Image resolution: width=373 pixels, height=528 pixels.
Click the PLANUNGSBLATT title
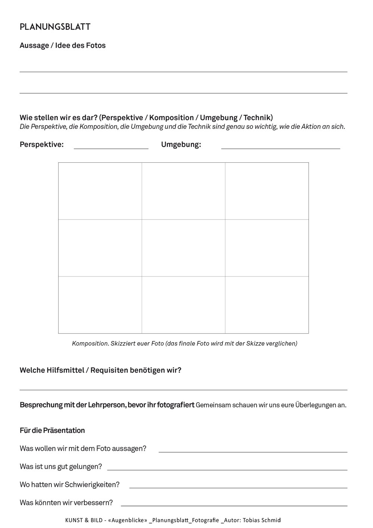pyautogui.click(x=55, y=27)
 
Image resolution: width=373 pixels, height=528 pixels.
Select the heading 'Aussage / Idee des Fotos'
pyautogui.click(x=62, y=46)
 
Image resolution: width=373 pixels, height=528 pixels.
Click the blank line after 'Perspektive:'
pyautogui.click(x=111, y=148)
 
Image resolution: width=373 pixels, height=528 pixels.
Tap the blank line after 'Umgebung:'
pyautogui.click(x=280, y=148)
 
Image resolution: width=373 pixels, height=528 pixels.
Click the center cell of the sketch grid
pyautogui.click(x=183, y=248)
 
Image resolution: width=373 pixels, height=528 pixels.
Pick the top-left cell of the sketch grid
pyautogui.click(x=100, y=191)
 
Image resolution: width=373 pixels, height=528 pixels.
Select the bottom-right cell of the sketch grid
pyautogui.click(x=267, y=304)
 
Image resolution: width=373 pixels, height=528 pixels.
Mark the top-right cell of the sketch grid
pyautogui.click(x=267, y=191)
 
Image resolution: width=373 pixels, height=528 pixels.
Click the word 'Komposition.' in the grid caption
pyautogui.click(x=90, y=343)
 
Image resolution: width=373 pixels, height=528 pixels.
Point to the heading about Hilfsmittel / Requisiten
pyautogui.click(x=100, y=370)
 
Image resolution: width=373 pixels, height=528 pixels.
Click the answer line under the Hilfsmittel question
pyautogui.click(x=183, y=389)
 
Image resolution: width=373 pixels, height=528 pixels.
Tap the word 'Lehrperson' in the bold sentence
pyautogui.click(x=107, y=405)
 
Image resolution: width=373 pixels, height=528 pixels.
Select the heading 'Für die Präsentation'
pyautogui.click(x=52, y=430)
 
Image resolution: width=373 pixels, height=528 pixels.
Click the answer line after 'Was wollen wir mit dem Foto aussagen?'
pyautogui.click(x=253, y=452)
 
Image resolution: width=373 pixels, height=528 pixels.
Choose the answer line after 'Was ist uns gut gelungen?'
pyautogui.click(x=227, y=469)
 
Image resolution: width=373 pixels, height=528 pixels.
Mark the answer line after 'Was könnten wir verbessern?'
pyautogui.click(x=234, y=505)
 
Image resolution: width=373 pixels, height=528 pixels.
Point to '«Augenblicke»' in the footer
pyautogui.click(x=128, y=520)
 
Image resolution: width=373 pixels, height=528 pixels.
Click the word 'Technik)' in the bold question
pyautogui.click(x=258, y=118)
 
